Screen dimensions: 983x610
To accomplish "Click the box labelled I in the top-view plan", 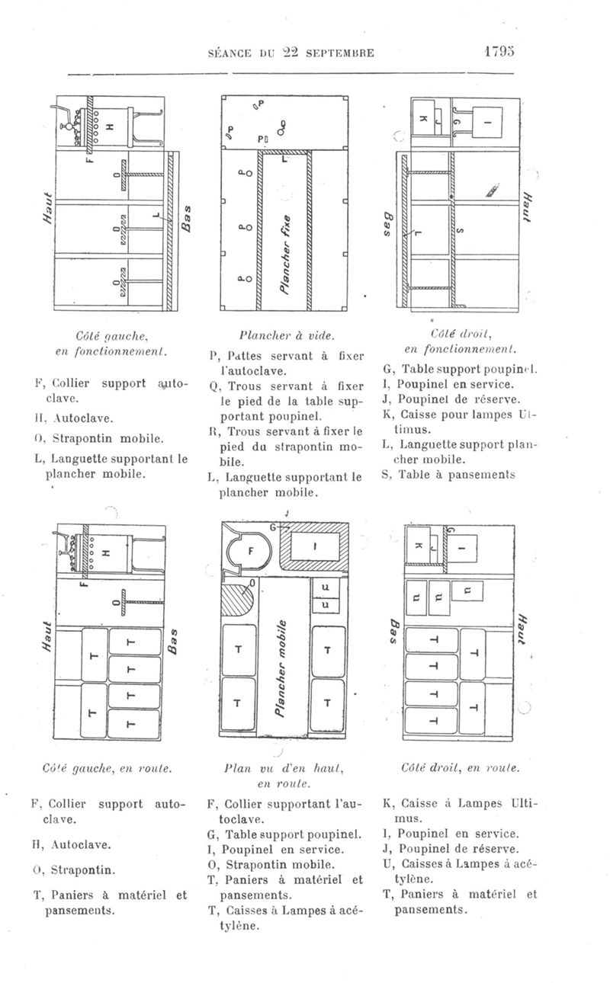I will [x=315, y=546].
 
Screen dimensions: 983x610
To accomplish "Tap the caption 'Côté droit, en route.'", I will [x=457, y=770].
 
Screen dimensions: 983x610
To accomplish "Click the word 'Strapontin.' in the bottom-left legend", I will [x=89, y=869].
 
